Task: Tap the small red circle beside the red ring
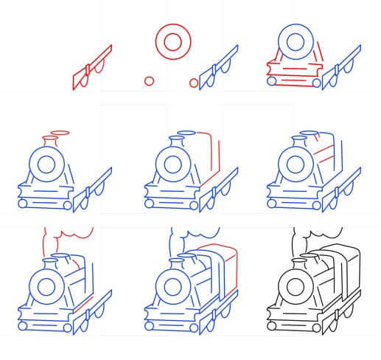149,80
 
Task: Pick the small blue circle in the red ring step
195,82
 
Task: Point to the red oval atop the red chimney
60,134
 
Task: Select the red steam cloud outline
70,238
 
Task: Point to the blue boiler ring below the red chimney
49,164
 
